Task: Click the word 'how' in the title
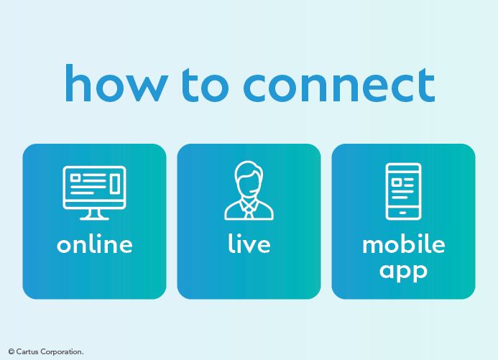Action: point(116,83)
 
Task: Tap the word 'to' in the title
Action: point(206,85)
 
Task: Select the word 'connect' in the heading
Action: point(339,85)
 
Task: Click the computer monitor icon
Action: point(94,193)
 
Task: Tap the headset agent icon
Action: point(249,190)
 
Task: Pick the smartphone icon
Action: point(403,191)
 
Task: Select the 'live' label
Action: point(249,244)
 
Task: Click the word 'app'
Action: point(403,272)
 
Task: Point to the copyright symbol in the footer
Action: point(11,352)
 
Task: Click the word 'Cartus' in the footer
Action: point(27,352)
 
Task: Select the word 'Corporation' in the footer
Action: point(61,352)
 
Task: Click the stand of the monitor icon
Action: point(94,215)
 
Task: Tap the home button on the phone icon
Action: point(403,213)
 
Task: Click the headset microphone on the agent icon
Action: point(252,191)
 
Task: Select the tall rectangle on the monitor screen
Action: point(115,183)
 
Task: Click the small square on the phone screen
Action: point(396,183)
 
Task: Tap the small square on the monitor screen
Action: point(75,177)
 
